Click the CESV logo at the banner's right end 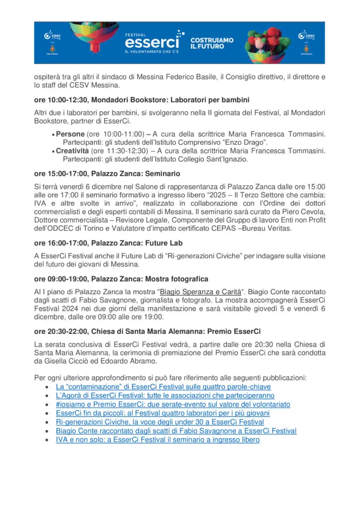pyautogui.click(x=306, y=36)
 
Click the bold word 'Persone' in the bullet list pyautogui.click(x=70, y=134)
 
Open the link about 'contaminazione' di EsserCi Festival pyautogui.click(x=163, y=386)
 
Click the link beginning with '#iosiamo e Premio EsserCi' pyautogui.click(x=173, y=404)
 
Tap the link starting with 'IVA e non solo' pyautogui.click(x=158, y=439)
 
